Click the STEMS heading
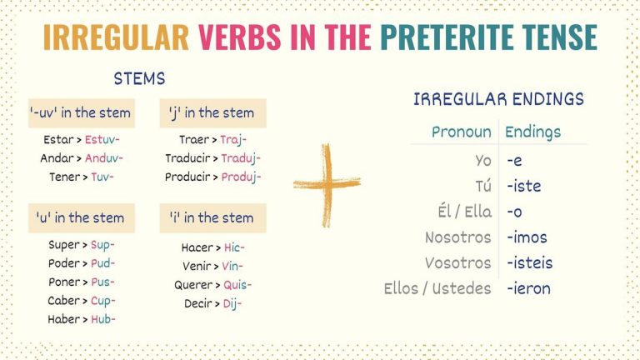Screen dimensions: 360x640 (x=139, y=79)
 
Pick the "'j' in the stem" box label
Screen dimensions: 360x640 (x=212, y=113)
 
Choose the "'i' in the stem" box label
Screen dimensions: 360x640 (x=212, y=217)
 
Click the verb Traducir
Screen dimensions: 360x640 (x=191, y=158)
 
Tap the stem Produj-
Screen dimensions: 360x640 (x=242, y=177)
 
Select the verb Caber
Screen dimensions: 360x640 (x=64, y=301)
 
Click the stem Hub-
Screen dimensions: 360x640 (x=100, y=319)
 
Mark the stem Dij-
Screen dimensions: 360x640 (x=232, y=303)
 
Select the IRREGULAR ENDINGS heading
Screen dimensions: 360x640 (x=498, y=99)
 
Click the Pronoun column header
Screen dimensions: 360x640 (x=462, y=132)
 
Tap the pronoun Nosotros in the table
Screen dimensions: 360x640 (x=457, y=237)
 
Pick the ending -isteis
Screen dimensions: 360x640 (x=529, y=263)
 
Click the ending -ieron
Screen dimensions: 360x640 (x=528, y=289)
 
